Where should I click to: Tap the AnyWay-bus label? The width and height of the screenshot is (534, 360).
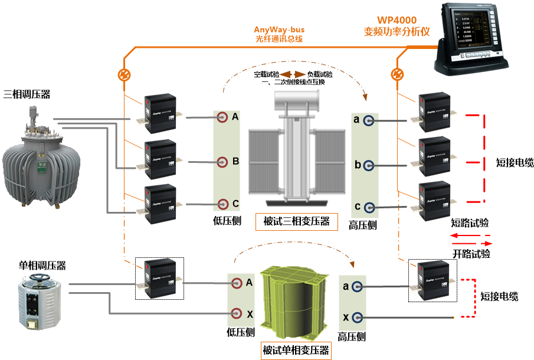point(279,30)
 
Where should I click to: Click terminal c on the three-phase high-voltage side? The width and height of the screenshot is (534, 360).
point(369,207)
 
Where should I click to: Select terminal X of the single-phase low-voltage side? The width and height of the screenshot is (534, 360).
point(237,313)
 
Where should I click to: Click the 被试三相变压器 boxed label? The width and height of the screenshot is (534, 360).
point(292,222)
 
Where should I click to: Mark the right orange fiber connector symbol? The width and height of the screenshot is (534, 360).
point(398,74)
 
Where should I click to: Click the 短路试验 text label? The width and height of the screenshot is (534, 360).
point(470,223)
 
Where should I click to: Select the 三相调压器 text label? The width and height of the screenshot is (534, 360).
point(27,94)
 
